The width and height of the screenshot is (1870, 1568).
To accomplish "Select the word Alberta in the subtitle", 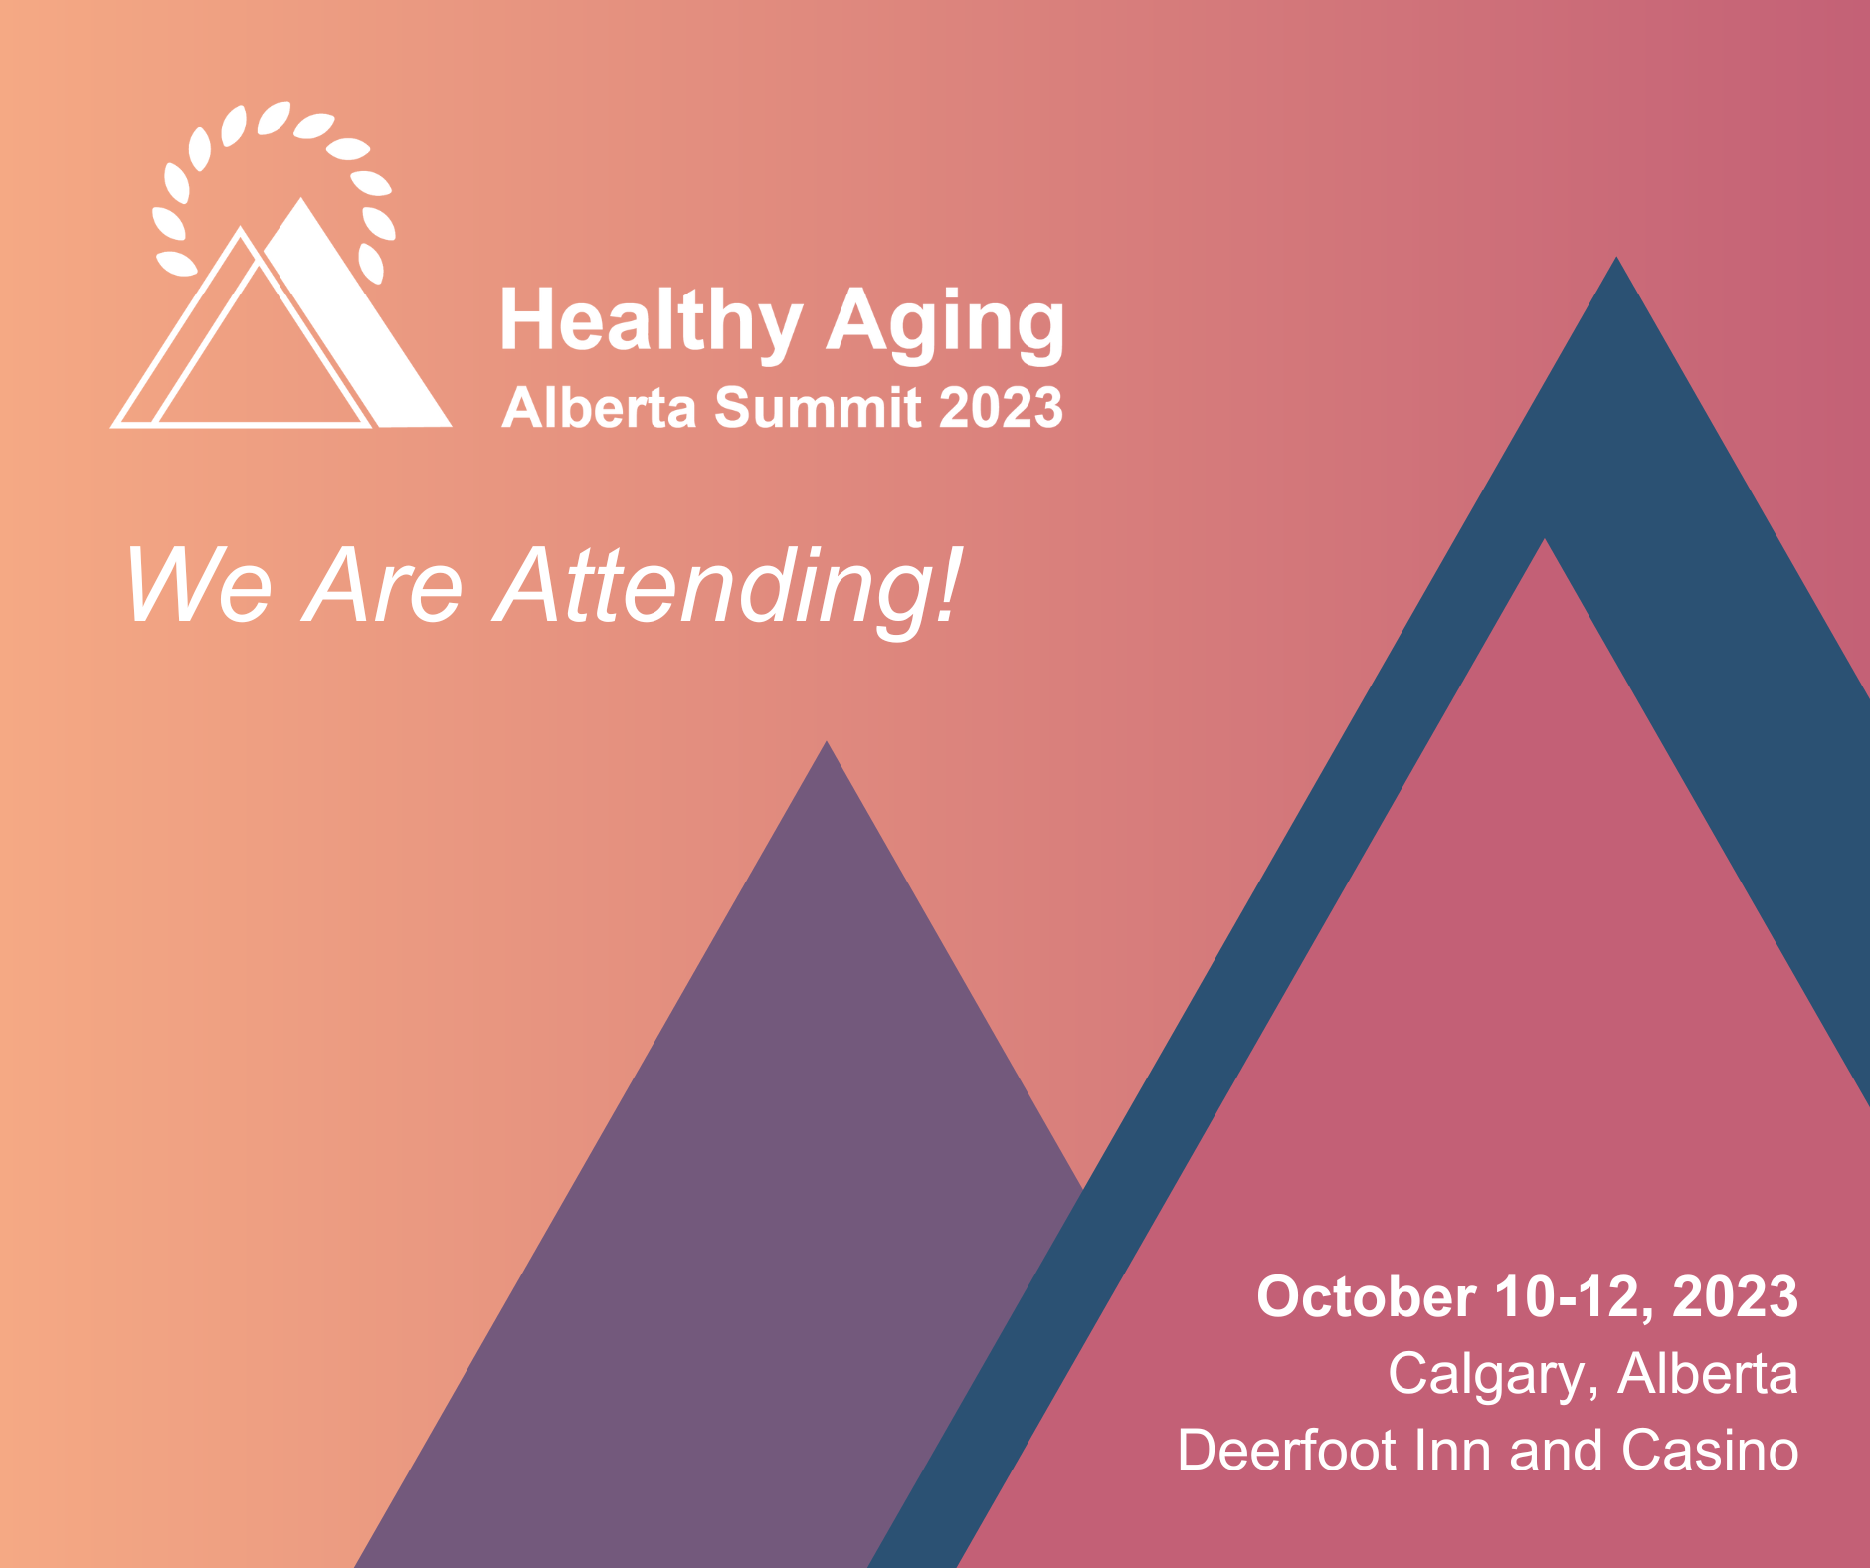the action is pos(600,408).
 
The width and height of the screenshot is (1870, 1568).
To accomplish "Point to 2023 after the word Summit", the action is pos(1001,408).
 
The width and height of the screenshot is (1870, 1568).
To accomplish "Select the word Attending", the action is pos(713,591).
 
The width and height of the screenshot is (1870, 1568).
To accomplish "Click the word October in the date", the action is pos(1366,1297).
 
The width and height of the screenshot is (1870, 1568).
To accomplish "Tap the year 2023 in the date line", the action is pos(1736,1297).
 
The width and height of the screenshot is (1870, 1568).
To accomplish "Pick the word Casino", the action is pos(1710,1450).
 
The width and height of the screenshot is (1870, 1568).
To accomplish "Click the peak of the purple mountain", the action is pos(827,742).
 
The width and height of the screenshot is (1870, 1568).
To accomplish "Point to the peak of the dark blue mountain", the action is pos(1616,258).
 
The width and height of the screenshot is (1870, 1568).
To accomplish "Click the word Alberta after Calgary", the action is pos(1708,1374).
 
